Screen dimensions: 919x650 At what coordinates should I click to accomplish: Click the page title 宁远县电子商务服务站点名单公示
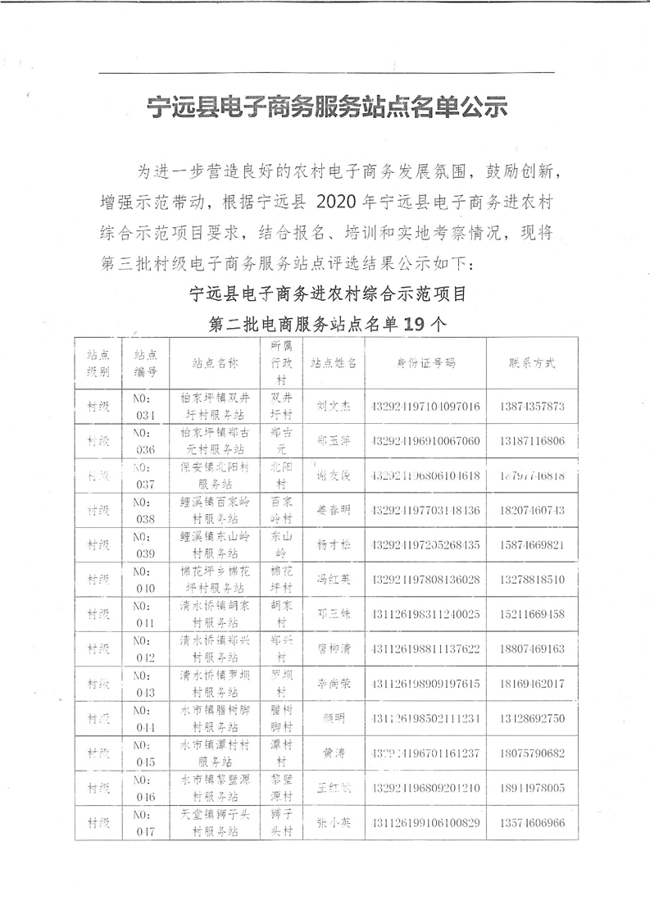[x=325, y=107]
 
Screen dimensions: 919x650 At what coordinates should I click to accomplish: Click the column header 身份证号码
[x=425, y=363]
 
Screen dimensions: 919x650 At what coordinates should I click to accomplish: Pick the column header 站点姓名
[x=334, y=363]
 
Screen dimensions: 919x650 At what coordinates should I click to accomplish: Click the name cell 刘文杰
[x=334, y=406]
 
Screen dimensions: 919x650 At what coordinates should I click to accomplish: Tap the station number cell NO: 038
[x=145, y=510]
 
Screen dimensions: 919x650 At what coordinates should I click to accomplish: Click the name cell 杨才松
[x=334, y=544]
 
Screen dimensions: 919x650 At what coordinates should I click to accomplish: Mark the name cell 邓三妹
[x=334, y=614]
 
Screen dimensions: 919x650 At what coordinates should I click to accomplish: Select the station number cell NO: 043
[x=145, y=683]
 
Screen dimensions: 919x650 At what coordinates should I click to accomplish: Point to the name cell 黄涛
[x=334, y=753]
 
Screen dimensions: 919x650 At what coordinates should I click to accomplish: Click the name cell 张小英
[x=334, y=822]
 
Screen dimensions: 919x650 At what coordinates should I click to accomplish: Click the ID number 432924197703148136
[x=425, y=510]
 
